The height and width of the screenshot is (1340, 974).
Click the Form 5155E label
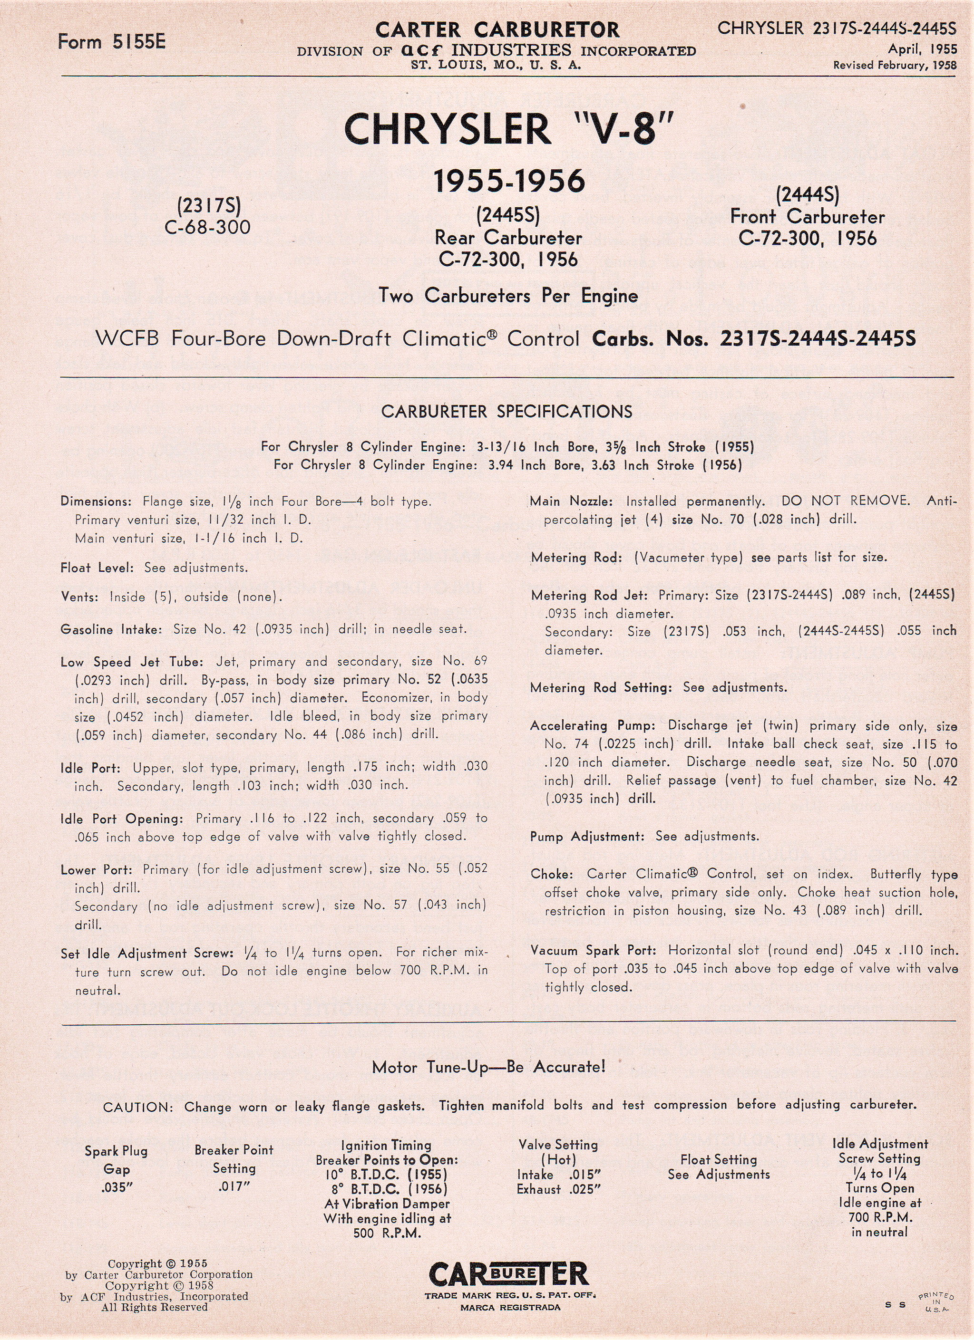coord(112,41)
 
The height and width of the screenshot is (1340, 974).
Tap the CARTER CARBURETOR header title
coord(497,29)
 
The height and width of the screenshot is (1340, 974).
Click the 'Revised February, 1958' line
coord(894,66)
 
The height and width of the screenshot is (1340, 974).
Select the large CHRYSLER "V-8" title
coord(508,129)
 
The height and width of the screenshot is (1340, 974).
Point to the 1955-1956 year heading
coord(509,182)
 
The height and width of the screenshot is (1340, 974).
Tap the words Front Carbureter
coord(808,216)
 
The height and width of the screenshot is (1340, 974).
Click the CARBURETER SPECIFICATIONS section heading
coord(506,412)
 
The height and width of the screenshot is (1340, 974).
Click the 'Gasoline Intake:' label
coord(110,629)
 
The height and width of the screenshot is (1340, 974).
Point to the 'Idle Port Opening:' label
coord(122,819)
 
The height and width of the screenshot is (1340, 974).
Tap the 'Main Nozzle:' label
coord(571,501)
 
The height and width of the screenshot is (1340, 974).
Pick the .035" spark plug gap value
coord(117,1187)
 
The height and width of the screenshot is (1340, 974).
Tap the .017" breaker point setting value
coord(234,1186)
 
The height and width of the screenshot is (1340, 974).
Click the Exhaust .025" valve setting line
coord(558,1189)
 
